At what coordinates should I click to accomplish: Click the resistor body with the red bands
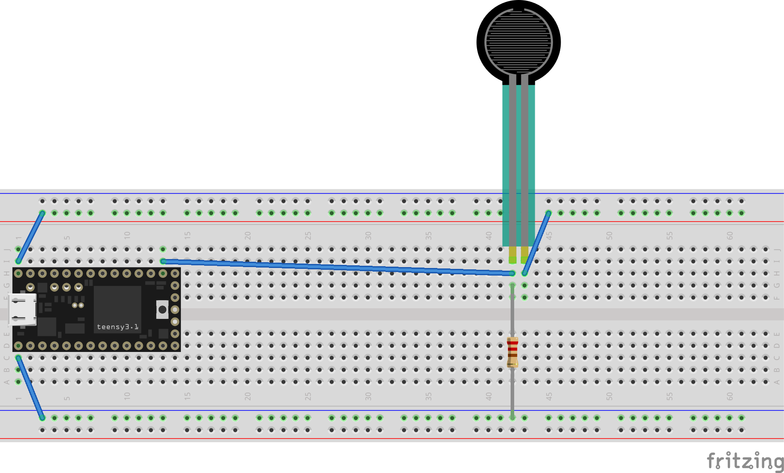click(512, 352)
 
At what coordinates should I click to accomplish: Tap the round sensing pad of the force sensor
click(518, 42)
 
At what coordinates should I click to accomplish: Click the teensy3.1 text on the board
click(117, 327)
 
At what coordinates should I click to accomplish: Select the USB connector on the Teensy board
click(22, 309)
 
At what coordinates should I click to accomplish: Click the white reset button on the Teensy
click(162, 309)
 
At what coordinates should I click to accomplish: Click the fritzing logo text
click(745, 461)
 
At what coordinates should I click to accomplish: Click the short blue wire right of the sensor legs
click(536, 243)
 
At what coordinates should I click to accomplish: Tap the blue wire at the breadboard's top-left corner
click(30, 237)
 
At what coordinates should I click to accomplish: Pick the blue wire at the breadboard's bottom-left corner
click(30, 388)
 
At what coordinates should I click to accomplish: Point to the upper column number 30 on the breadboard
click(368, 235)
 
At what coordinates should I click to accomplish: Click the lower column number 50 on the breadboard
click(609, 396)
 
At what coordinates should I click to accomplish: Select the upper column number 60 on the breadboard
click(729, 235)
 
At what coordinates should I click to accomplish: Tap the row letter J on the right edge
click(777, 249)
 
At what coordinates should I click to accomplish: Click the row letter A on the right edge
click(777, 382)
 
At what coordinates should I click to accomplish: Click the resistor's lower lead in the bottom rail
click(512, 415)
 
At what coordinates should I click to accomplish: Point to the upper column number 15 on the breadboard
click(187, 235)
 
